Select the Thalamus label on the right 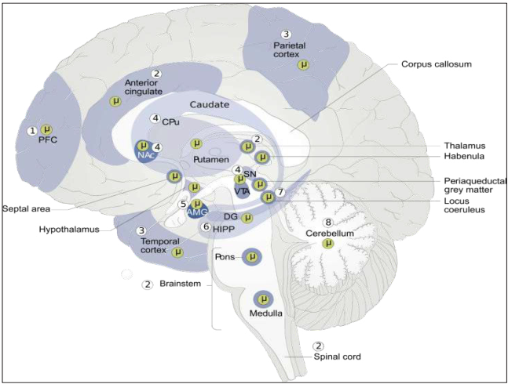462,146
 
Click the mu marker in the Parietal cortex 302,64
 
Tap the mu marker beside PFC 46,129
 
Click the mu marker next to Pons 252,255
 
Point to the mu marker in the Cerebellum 327,245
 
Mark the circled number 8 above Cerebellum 327,223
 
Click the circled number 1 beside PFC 32,131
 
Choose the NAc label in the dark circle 145,156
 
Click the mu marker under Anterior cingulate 116,102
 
